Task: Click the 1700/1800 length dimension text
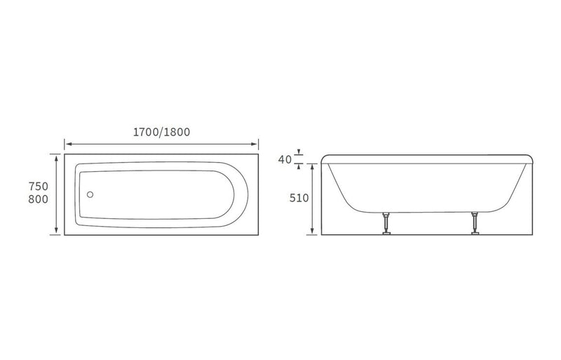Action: pos(162,131)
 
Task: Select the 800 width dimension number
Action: pos(38,200)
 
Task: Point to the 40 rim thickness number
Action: pos(285,159)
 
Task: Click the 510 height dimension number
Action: pos(299,198)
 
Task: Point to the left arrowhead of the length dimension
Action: pos(67,144)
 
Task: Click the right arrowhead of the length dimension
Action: pos(257,144)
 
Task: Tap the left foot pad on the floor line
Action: pos(384,234)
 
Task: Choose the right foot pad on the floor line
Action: pos(475,234)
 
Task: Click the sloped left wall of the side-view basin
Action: pos(338,186)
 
